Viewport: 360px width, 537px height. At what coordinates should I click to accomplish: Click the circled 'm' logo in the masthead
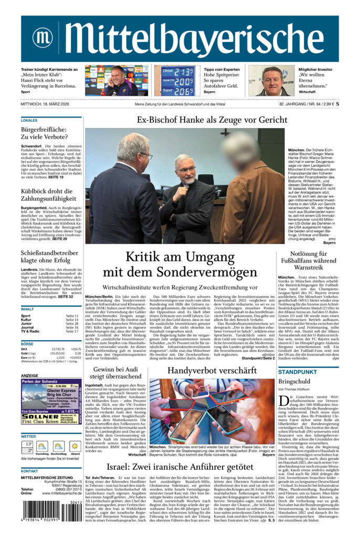(x=43, y=37)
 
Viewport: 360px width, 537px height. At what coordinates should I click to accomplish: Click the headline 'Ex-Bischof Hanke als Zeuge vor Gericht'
(x=212, y=120)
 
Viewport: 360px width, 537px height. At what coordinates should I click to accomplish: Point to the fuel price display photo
(x=178, y=81)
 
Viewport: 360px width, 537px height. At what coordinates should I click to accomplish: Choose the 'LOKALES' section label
(x=29, y=121)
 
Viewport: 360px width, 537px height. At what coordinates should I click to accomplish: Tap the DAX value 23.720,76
(x=58, y=349)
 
